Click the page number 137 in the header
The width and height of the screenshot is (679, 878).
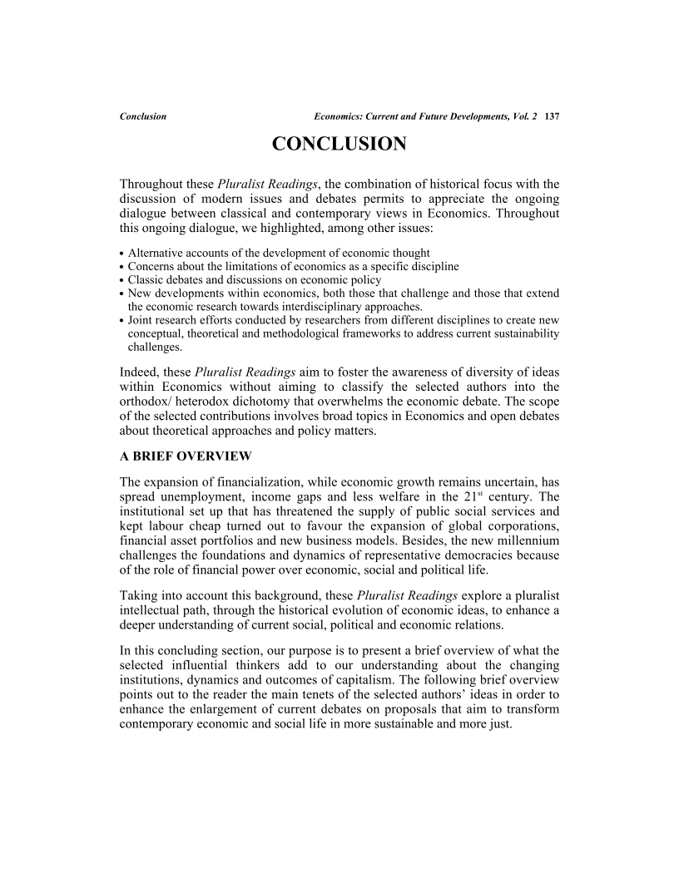coord(551,116)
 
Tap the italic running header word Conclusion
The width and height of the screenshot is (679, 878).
coord(143,116)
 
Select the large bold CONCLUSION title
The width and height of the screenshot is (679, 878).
coord(339,145)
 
